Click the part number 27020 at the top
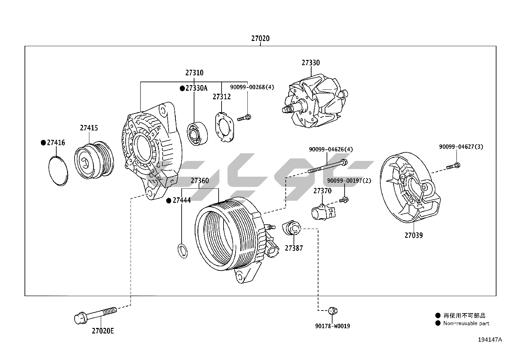click(x=260, y=38)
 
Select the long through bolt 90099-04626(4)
click(x=327, y=166)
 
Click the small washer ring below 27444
click(x=182, y=251)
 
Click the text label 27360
click(x=200, y=180)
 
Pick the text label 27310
click(x=194, y=73)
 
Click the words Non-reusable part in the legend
click(x=466, y=323)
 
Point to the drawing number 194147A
click(x=490, y=340)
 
